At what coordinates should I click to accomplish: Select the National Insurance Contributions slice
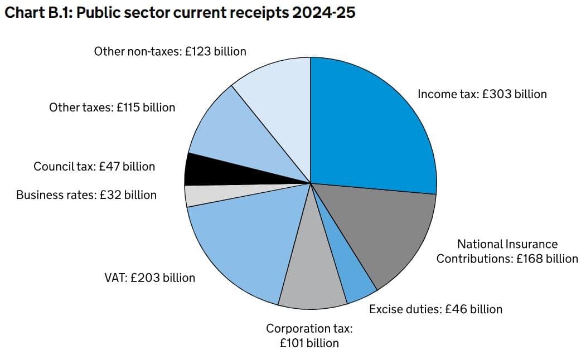pyautogui.click(x=379, y=234)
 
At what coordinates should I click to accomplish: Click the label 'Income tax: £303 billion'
pyautogui.click(x=482, y=94)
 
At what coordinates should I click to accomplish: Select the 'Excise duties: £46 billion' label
pyautogui.click(x=435, y=309)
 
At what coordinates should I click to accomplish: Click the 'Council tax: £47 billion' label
pyautogui.click(x=94, y=166)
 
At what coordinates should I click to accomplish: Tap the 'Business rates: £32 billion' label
pyautogui.click(x=86, y=195)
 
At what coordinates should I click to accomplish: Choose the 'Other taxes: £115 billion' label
pyautogui.click(x=112, y=107)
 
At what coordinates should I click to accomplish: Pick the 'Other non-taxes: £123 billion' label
pyautogui.click(x=170, y=51)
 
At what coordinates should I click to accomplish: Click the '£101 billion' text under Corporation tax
pyautogui.click(x=309, y=343)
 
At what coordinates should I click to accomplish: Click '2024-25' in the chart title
pyautogui.click(x=323, y=12)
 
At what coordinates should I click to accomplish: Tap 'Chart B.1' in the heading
pyautogui.click(x=36, y=12)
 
